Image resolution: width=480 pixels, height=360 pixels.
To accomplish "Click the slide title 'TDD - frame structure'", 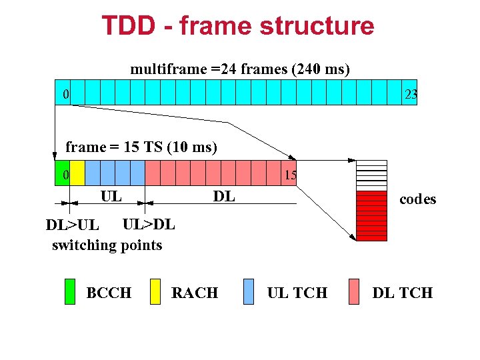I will [x=238, y=26].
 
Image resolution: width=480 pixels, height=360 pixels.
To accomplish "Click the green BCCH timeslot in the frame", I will [x=62, y=173].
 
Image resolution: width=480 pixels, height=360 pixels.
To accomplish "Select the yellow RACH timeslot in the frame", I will [x=77, y=173].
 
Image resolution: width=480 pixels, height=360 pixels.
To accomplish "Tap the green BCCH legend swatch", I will [x=70, y=291].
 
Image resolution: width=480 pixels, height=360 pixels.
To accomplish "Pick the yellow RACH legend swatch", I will [x=155, y=291].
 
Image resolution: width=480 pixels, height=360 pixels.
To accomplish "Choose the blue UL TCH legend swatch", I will [x=249, y=291].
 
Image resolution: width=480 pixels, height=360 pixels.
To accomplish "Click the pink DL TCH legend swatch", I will [x=354, y=291].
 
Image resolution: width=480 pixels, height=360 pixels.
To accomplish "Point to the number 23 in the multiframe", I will [x=411, y=95].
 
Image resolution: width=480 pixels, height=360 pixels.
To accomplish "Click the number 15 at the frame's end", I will [x=290, y=175].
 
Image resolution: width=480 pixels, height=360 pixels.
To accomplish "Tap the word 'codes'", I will [x=417, y=199].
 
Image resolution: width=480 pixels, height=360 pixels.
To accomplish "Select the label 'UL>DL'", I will [x=149, y=225].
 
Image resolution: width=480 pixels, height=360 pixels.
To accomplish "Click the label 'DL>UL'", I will [x=72, y=225].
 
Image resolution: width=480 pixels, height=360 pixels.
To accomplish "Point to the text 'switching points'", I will [x=107, y=245].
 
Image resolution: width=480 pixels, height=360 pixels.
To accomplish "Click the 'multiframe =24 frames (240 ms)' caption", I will [x=240, y=69].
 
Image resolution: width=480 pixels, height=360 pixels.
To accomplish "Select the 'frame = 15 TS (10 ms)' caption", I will [x=141, y=147].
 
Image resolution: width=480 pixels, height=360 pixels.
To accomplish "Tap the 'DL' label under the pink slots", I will [x=223, y=196].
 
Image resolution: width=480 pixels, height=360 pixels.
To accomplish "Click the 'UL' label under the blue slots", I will [x=111, y=196].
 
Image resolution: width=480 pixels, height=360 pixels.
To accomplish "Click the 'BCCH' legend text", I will [x=109, y=293].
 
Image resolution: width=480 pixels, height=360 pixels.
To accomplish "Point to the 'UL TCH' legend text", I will [x=297, y=293].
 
